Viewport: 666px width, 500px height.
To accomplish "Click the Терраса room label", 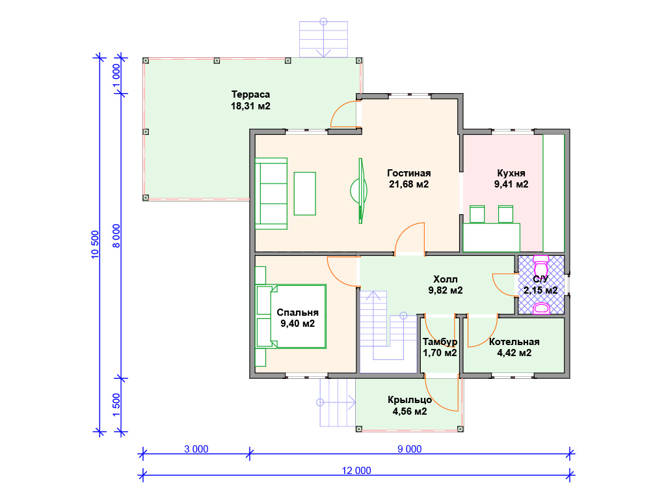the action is point(250,94).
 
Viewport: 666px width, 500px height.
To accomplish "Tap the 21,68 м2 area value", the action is point(408,184).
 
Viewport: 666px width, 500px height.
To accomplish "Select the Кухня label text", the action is point(511,173).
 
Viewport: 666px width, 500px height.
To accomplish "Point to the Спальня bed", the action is point(291,317).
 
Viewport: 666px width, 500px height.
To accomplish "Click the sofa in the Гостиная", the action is point(271,193).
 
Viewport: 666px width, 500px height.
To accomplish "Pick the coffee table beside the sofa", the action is point(305,193).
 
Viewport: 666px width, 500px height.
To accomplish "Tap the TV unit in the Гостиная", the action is point(360,191).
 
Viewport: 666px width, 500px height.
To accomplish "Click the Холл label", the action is point(445,279).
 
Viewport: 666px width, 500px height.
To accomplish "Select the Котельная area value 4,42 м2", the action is point(514,353).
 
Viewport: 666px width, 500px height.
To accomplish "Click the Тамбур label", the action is point(440,342).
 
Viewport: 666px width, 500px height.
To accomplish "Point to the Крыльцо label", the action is point(410,400).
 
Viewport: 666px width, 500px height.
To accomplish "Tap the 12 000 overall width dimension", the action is point(356,470).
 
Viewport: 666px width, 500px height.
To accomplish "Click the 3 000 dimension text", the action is point(196,449).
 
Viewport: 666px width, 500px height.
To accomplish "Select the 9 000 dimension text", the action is point(410,449).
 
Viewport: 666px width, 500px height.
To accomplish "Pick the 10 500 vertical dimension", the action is point(95,244).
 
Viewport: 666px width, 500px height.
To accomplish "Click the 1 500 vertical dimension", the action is point(116,405).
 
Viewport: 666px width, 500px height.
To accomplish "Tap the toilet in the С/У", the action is point(540,266).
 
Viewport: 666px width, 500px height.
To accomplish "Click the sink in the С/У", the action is point(542,308).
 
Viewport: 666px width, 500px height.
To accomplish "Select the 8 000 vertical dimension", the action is point(116,236).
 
